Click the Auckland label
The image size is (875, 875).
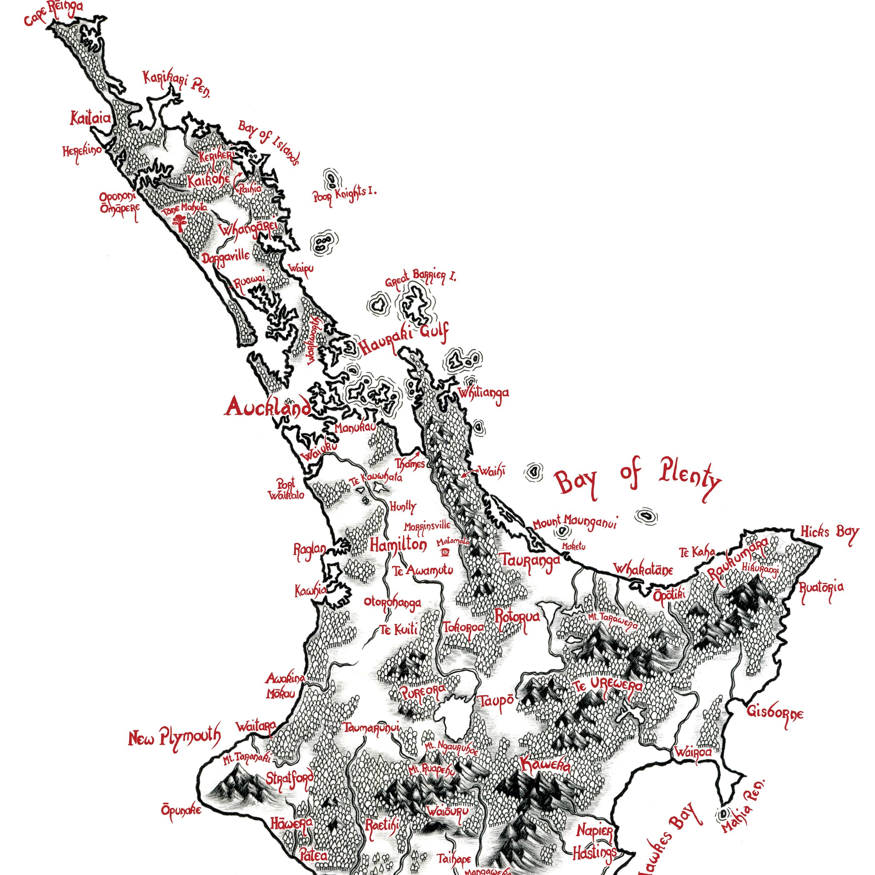268,407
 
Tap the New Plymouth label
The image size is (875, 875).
175,737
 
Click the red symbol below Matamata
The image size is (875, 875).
445,552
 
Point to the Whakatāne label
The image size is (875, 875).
643,570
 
